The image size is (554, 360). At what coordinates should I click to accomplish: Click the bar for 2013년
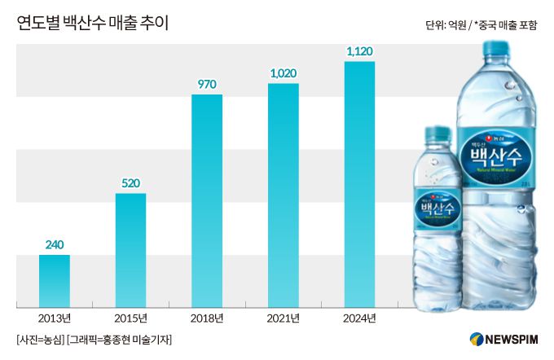pyautogui.click(x=55, y=281)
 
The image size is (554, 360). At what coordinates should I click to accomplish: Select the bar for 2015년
pyautogui.click(x=130, y=250)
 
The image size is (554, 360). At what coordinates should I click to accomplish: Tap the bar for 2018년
pyautogui.click(x=207, y=201)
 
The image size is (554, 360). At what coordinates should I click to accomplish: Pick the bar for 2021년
pyautogui.click(x=284, y=195)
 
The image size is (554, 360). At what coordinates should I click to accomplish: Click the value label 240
pyautogui.click(x=55, y=244)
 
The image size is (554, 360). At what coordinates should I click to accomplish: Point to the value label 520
pyautogui.click(x=130, y=183)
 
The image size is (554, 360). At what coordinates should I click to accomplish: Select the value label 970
pyautogui.click(x=207, y=85)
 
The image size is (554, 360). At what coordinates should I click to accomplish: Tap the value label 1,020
pyautogui.click(x=284, y=73)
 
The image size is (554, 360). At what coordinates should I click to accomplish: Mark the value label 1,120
pyautogui.click(x=359, y=51)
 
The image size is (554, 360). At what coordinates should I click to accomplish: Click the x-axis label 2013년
pyautogui.click(x=55, y=318)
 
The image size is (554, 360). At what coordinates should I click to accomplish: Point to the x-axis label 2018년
pyautogui.click(x=207, y=318)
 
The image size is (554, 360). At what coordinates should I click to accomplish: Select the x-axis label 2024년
pyautogui.click(x=359, y=318)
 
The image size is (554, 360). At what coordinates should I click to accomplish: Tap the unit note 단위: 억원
pyautogui.click(x=446, y=26)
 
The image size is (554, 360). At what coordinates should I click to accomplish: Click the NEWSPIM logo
pyautogui.click(x=504, y=339)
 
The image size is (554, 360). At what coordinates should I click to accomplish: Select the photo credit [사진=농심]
pyautogui.click(x=40, y=339)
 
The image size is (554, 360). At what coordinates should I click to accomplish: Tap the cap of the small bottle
pyautogui.click(x=437, y=134)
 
